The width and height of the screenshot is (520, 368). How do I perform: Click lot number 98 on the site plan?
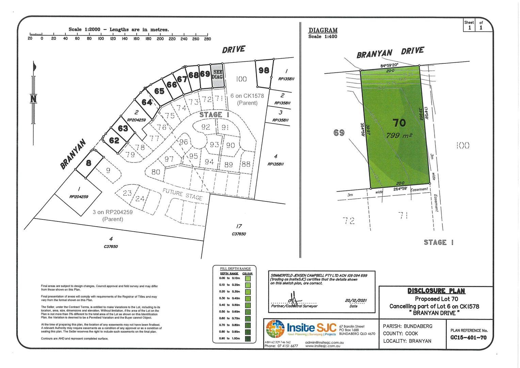tap(264, 70)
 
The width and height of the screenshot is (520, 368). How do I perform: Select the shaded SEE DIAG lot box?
tap(217, 74)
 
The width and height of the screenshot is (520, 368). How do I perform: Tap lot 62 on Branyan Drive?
tap(114, 140)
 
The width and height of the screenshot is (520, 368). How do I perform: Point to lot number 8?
tap(88, 163)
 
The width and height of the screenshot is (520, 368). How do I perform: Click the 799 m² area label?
tap(399, 136)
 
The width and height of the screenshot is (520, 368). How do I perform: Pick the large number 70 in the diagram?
tap(399, 122)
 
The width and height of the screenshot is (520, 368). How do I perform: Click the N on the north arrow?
tap(33, 99)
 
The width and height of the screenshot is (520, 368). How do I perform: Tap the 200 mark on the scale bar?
tap(160, 39)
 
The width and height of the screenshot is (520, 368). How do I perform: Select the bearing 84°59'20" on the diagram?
tap(389, 65)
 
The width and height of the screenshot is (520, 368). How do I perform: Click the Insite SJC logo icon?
tap(275, 328)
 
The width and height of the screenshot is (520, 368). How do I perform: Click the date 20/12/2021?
tap(356, 300)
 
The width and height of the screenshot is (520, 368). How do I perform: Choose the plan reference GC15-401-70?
tap(469, 338)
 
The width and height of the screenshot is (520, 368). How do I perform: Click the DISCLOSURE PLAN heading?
tap(436, 291)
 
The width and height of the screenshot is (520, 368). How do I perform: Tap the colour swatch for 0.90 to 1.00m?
tap(248, 339)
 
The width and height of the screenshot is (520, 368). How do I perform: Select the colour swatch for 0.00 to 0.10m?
tap(248, 278)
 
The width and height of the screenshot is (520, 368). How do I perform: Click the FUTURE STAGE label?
tap(182, 194)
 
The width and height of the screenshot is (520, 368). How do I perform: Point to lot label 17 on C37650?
tap(239, 226)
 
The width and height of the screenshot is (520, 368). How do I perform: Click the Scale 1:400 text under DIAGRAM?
tap(323, 36)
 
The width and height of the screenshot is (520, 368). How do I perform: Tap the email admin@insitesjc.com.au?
tap(324, 342)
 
